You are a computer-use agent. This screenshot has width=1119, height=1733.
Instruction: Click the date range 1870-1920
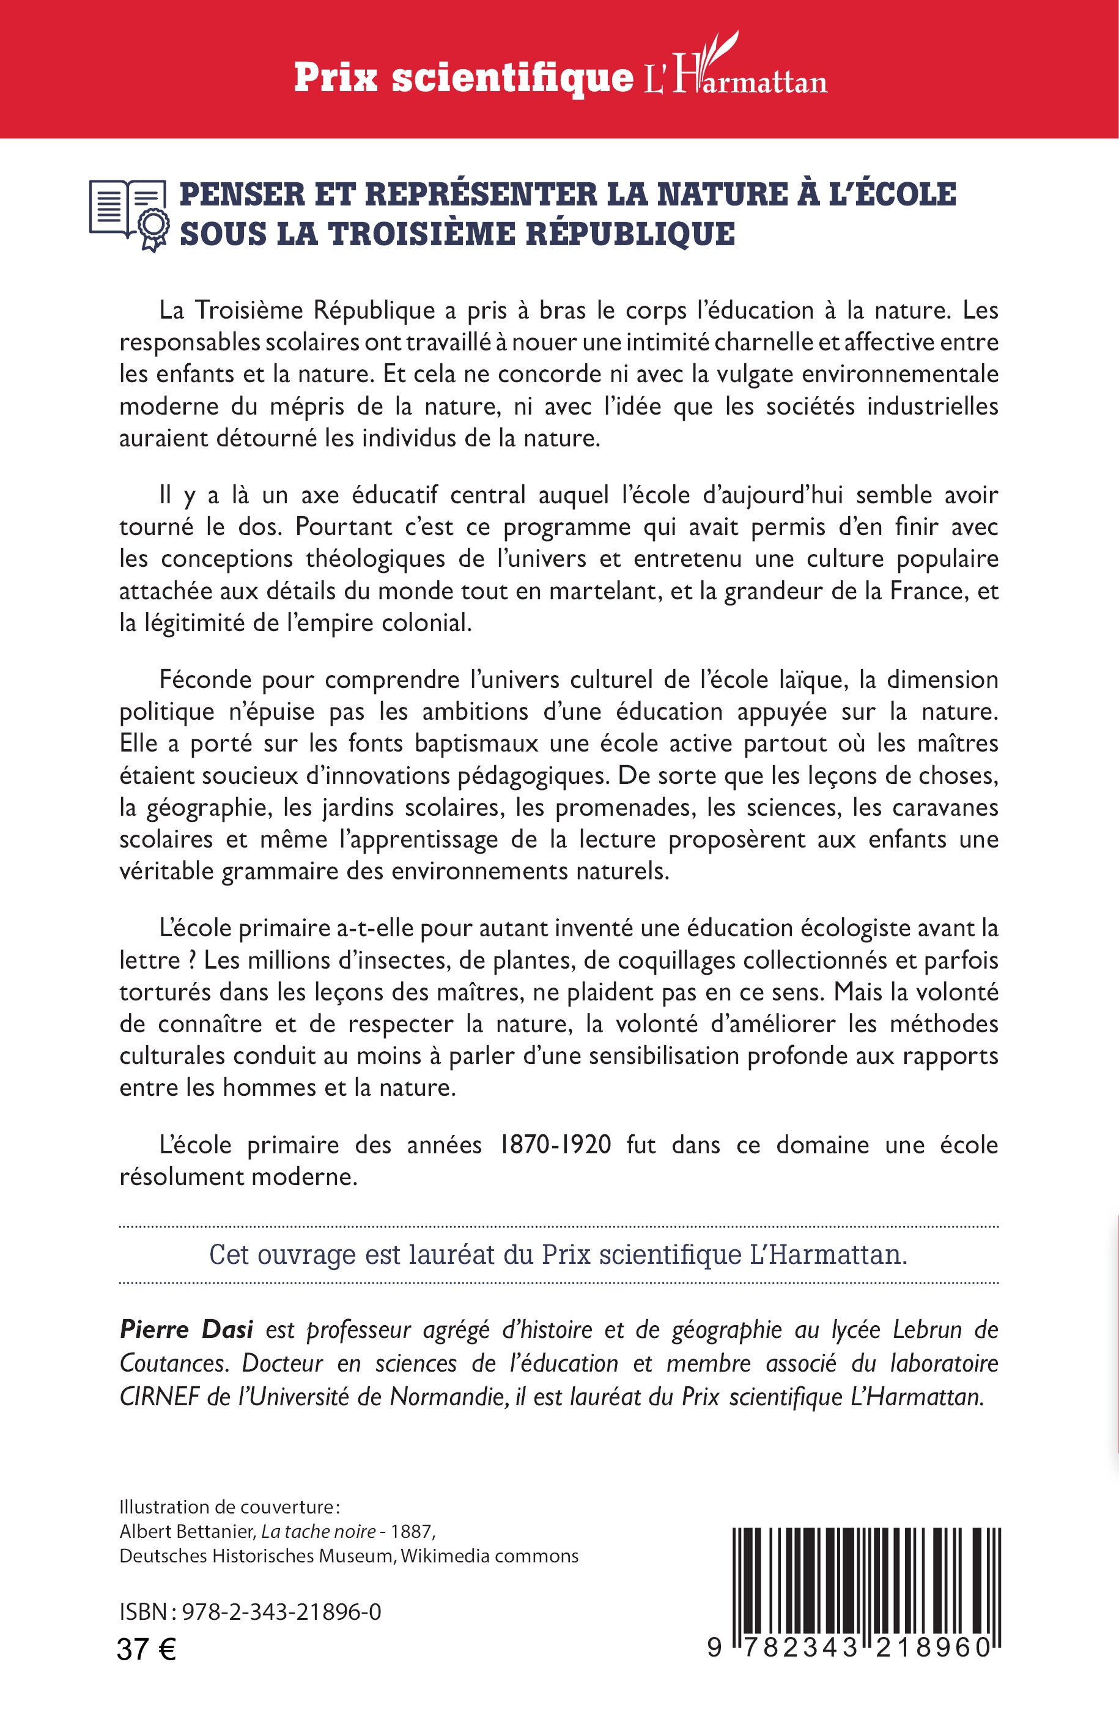click(555, 1145)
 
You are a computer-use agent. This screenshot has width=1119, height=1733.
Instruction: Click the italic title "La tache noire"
click(318, 1532)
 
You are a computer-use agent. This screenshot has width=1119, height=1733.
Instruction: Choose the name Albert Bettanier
click(186, 1532)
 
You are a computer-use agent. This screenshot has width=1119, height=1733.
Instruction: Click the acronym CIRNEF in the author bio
click(159, 1397)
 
